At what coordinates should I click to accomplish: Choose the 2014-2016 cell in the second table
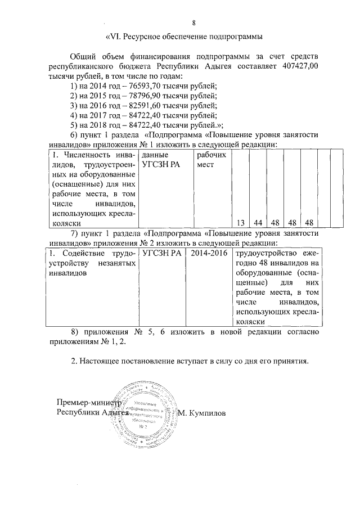209,254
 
